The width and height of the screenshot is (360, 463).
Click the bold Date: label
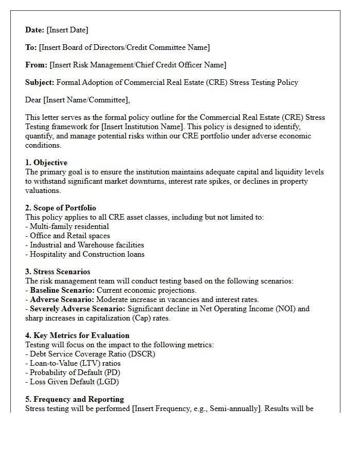click(35, 30)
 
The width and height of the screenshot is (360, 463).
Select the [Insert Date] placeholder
click(67, 30)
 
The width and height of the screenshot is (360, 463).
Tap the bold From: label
click(36, 65)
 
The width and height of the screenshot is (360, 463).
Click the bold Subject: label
click(40, 82)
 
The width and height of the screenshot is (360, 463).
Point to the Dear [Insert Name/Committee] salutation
click(77, 100)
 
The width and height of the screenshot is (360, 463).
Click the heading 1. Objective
click(46, 163)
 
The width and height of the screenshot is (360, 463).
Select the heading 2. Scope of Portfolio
click(61, 208)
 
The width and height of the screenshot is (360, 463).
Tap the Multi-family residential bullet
click(69, 226)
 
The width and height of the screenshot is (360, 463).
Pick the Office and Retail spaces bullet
click(69, 236)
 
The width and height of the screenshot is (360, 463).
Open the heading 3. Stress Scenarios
click(58, 272)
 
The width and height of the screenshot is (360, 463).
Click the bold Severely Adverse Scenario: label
click(77, 309)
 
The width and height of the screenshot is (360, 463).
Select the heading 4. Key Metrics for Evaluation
click(77, 336)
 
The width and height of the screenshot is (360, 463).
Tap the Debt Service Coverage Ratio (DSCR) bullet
click(92, 354)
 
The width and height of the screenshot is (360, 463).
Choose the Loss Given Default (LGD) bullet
click(74, 382)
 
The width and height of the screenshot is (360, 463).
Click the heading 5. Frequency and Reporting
click(75, 399)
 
